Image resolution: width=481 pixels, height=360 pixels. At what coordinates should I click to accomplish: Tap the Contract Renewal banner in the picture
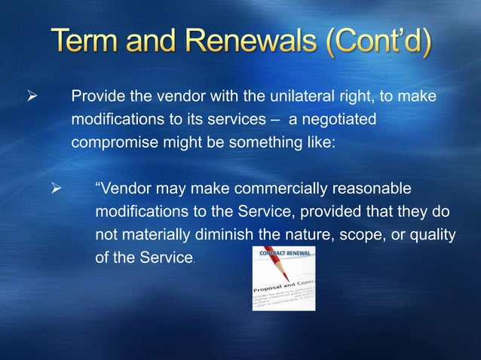coord(282,253)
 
